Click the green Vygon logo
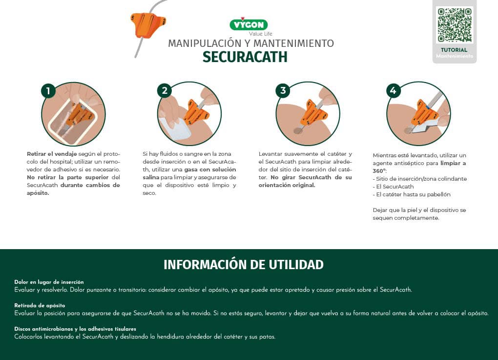tap(249, 24)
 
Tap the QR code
tap(455, 25)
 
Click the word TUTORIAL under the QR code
tap(454, 50)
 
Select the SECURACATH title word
tap(245, 57)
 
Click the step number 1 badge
tap(48, 91)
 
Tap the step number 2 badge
tap(165, 91)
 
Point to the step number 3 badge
tap(283, 90)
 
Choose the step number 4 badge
tap(393, 90)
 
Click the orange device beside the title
tap(147, 24)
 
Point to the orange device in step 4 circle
tap(425, 112)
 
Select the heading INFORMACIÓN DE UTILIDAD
tap(244, 265)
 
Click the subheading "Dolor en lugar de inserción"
tap(49, 282)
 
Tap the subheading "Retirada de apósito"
tap(40, 305)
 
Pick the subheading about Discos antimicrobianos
tap(75, 329)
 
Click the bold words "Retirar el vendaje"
tap(52, 154)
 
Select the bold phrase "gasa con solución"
tap(210, 169)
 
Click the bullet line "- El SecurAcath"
tap(393, 187)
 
